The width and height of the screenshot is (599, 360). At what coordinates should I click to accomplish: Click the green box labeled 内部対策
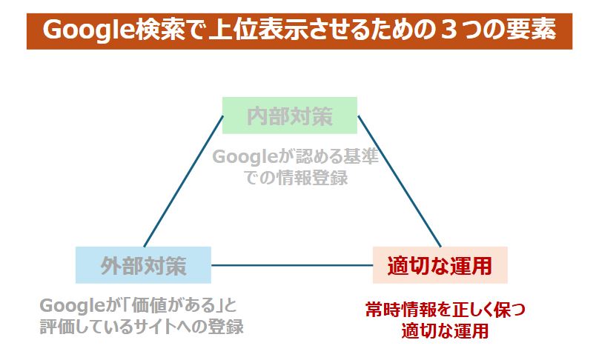tap(290, 116)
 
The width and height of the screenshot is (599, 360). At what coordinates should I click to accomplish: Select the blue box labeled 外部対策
tap(143, 265)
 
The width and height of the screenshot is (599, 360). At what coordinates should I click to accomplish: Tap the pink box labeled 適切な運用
tap(440, 265)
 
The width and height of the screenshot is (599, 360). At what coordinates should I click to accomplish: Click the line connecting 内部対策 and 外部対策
tap(183, 181)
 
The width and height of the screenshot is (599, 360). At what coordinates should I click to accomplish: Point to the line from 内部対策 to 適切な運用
tap(399, 181)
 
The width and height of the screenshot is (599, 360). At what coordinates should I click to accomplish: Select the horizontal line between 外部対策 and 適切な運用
tap(292, 265)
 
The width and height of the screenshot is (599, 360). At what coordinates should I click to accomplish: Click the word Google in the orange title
tap(88, 30)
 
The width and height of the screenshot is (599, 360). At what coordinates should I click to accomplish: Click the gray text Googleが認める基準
tap(295, 156)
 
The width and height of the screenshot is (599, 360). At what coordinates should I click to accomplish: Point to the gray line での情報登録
tap(296, 178)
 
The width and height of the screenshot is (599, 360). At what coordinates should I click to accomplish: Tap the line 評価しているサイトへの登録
tap(142, 327)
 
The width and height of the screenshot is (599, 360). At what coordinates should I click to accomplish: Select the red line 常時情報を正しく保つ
tap(446, 310)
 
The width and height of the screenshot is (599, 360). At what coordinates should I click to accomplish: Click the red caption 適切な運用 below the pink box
tap(445, 330)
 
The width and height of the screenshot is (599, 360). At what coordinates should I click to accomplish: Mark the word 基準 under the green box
tap(361, 156)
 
